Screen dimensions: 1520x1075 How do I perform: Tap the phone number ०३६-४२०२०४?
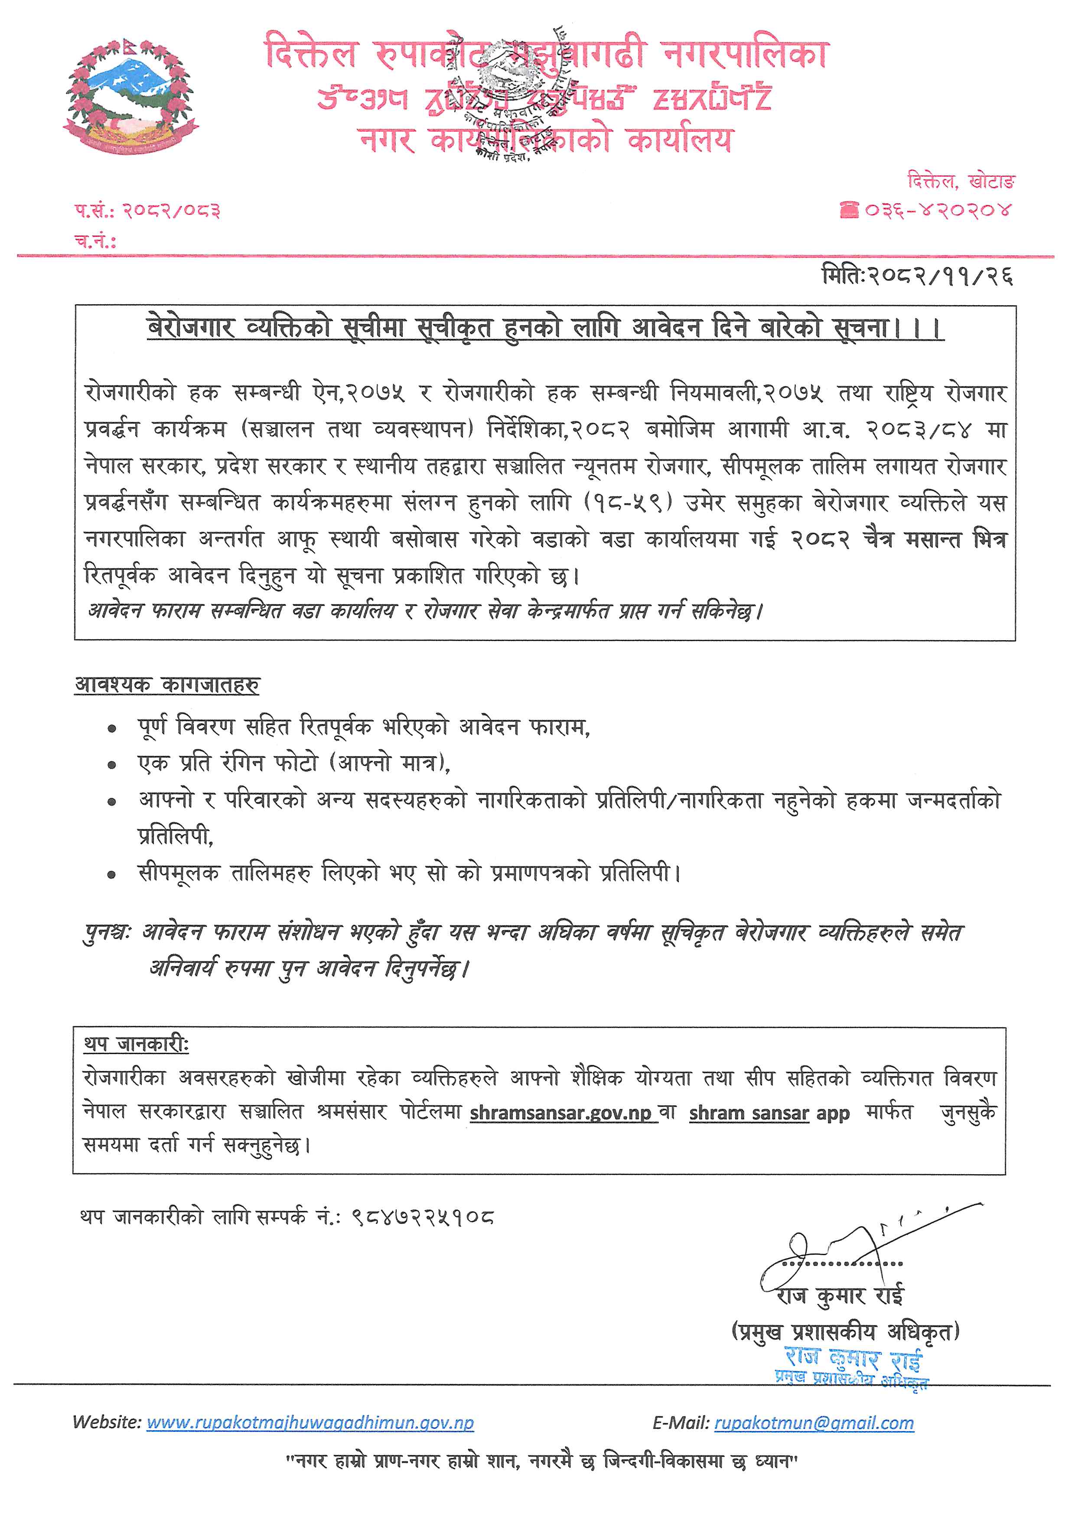click(x=938, y=211)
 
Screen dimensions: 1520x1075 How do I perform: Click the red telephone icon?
click(x=849, y=211)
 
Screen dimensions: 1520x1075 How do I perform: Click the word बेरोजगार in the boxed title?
click(x=190, y=328)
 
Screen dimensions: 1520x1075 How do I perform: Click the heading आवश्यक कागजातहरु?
click(x=167, y=684)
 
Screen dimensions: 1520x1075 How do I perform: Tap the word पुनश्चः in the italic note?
click(x=107, y=933)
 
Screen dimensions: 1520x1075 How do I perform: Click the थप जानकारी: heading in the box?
click(x=137, y=1045)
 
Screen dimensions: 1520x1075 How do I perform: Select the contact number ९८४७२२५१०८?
click(x=423, y=1217)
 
